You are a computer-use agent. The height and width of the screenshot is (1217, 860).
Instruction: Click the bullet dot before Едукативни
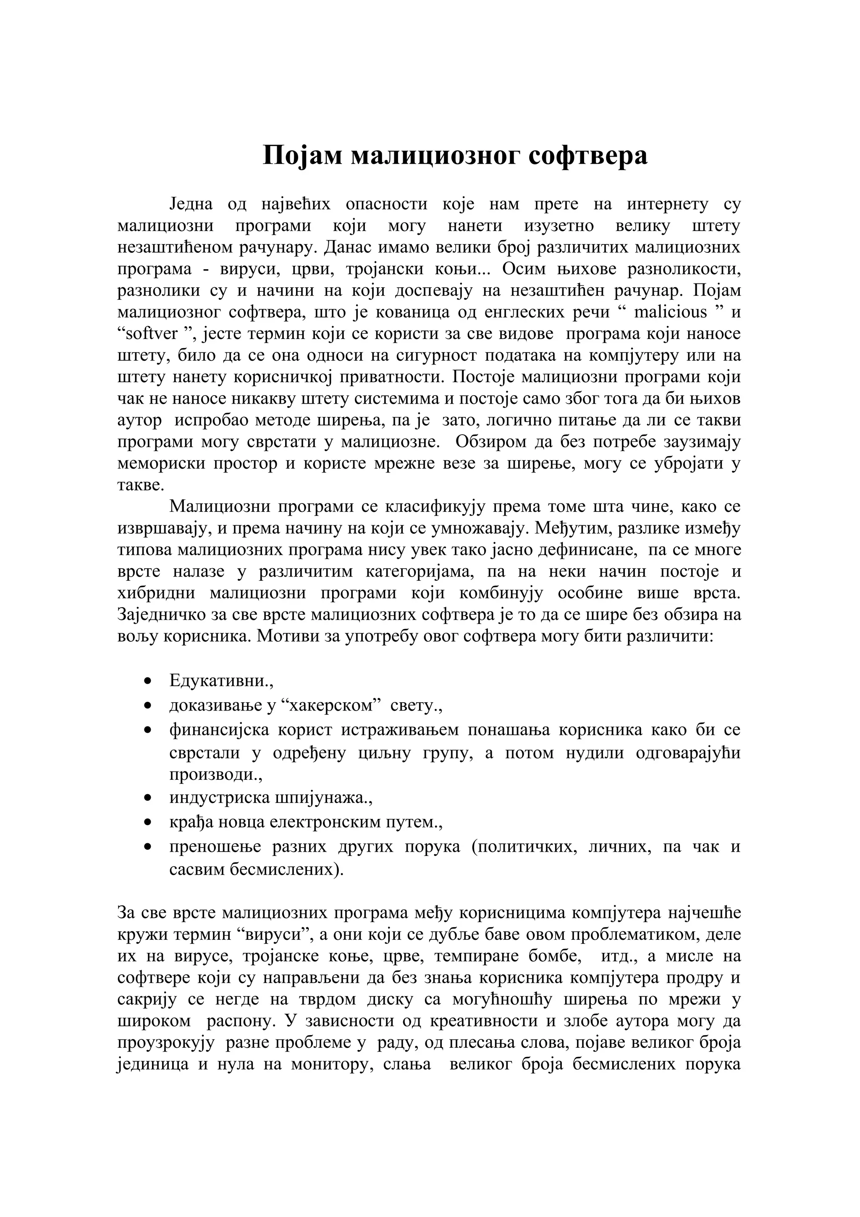coord(148,681)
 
